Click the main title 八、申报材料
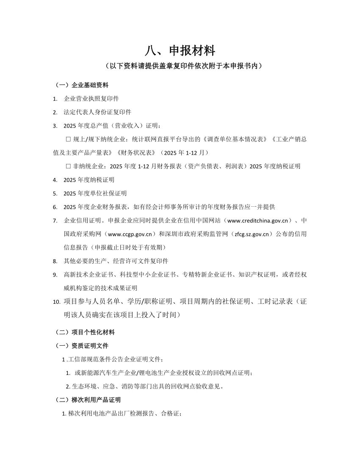coord(180,51)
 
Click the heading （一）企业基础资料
coord(81,85)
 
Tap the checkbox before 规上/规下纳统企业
coord(69,139)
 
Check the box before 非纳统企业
coord(69,166)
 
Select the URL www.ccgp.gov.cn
coord(133,234)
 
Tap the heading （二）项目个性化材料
coord(84,332)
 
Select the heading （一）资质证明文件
coord(81,346)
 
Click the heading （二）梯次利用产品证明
coord(87,400)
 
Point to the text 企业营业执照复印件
coord(91,99)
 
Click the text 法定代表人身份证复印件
coord(97,112)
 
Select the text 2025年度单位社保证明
coord(95,193)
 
